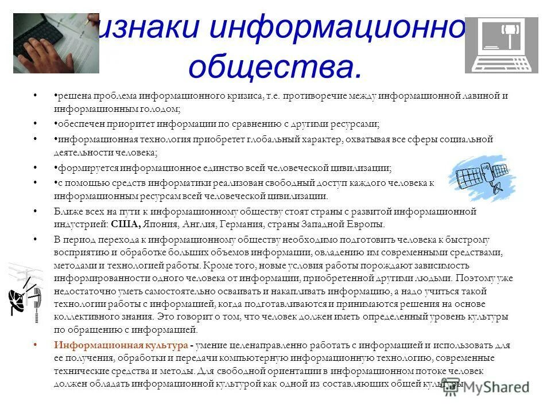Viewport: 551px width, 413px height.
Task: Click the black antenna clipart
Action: coord(25,292)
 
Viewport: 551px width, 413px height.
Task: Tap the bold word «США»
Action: coord(136,224)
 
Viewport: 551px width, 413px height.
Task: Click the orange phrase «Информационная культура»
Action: coord(121,345)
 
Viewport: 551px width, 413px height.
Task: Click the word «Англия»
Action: coord(209,224)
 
